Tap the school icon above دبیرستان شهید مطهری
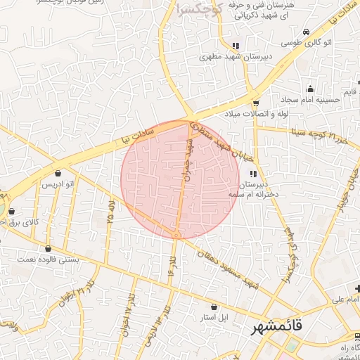236,46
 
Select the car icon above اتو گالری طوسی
307,32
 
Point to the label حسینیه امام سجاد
314,99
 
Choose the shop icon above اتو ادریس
58,173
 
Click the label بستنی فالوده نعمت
49,259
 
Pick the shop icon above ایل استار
214,307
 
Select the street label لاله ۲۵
110,211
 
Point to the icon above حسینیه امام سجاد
310,89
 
